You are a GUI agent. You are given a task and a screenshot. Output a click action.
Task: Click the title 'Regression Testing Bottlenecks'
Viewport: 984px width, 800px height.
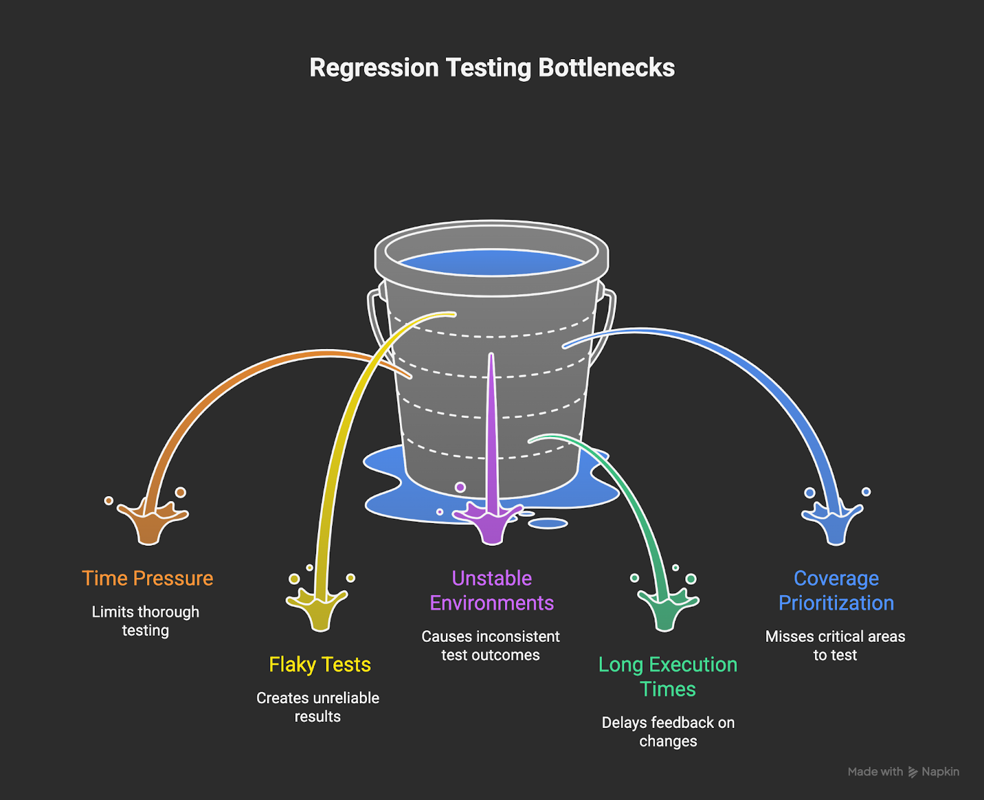(492, 68)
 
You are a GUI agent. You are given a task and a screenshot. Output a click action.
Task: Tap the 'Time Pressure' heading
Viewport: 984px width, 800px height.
(148, 578)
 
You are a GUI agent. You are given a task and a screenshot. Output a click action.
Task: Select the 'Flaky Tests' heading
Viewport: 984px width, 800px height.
(320, 665)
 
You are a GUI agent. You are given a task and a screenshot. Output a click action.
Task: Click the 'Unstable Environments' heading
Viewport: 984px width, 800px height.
(492, 591)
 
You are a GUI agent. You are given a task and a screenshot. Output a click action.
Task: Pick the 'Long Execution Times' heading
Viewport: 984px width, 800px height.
(668, 677)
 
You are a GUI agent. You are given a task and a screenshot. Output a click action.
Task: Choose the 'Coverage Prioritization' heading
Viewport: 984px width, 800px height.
(836, 591)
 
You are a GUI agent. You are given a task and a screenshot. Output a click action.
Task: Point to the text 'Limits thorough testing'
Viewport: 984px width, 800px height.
(146, 621)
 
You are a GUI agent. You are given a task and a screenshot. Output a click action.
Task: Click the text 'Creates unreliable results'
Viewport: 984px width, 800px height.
(318, 707)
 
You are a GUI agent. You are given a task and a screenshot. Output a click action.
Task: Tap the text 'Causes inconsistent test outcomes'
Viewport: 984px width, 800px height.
(491, 646)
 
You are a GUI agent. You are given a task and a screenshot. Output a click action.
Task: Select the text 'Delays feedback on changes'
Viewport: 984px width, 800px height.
(669, 732)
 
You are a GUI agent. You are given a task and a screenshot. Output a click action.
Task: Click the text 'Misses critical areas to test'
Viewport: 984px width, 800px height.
(835, 646)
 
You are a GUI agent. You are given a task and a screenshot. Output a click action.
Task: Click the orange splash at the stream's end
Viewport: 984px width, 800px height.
(149, 523)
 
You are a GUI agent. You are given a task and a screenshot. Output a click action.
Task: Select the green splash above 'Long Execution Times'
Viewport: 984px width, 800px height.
(665, 609)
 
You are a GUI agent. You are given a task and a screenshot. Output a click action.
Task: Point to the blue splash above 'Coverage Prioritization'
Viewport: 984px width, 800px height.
(835, 523)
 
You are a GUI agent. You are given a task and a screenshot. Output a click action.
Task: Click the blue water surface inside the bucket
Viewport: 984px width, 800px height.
(492, 262)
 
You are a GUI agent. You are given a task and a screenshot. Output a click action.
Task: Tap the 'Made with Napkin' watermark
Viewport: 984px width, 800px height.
(903, 772)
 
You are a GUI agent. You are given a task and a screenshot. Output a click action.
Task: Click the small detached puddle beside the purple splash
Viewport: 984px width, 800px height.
(548, 523)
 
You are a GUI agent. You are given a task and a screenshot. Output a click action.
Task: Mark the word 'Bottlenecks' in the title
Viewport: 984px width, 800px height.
(606, 68)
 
